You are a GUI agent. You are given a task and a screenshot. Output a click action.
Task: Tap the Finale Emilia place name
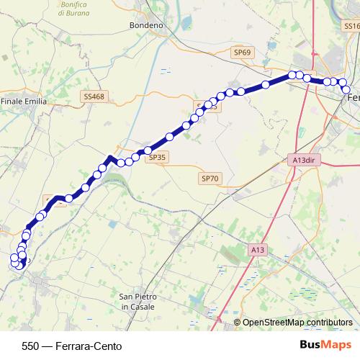(x=24, y=102)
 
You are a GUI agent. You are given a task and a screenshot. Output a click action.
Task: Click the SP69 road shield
(x=243, y=53)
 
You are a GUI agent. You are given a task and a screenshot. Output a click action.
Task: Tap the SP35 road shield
(x=156, y=157)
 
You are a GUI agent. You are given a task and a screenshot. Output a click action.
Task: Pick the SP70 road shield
(x=210, y=178)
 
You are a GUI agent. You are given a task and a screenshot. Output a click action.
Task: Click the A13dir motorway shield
(x=306, y=160)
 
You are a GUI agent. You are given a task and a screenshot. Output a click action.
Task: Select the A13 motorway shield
(x=258, y=249)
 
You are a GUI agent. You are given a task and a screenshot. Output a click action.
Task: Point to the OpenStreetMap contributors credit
(x=297, y=322)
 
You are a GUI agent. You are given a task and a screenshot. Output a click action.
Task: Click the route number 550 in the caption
(x=30, y=346)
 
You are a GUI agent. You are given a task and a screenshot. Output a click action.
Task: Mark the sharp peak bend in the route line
(x=109, y=156)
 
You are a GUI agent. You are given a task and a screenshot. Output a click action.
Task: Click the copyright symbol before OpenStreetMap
(x=237, y=322)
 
